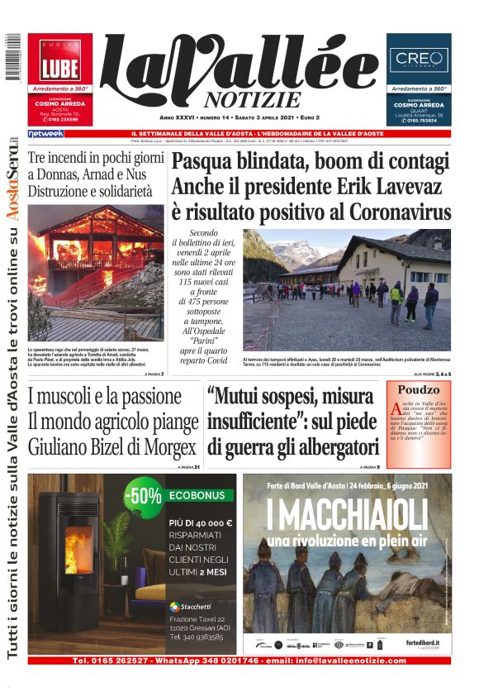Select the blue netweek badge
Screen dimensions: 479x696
click(45, 133)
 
